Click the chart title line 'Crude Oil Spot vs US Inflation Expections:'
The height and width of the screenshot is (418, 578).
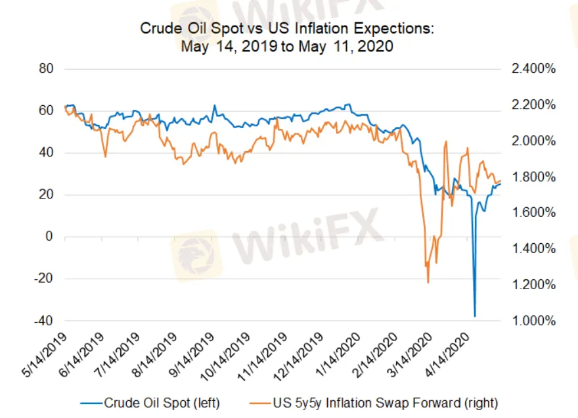287,30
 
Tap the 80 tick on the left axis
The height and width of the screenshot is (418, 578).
46,68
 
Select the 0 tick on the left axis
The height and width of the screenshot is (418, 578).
49,237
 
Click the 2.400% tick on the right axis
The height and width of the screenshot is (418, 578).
533,68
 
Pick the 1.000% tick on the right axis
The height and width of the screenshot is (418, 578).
533,321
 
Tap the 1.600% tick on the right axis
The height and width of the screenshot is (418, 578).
533,213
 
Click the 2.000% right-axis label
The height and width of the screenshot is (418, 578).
533,141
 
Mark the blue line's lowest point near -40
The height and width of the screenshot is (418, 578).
475,316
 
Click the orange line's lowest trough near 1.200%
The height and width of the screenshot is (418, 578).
428,283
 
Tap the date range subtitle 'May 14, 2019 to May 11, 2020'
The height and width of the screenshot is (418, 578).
287,47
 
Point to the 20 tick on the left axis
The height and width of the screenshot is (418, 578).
46,195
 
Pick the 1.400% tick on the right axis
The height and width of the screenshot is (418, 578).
533,248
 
